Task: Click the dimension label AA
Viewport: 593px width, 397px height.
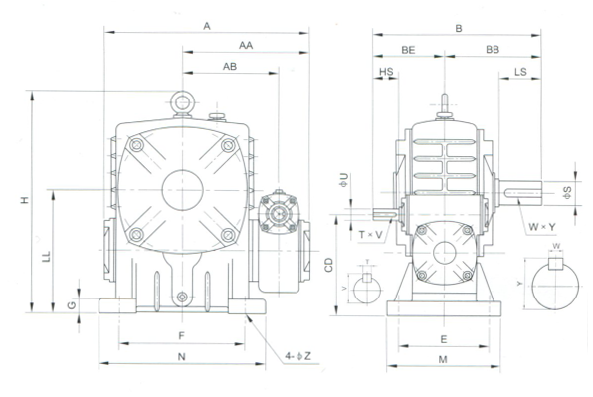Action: tap(246, 46)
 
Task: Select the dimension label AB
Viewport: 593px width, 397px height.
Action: tap(230, 67)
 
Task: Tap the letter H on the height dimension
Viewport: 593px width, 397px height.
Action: tap(25, 200)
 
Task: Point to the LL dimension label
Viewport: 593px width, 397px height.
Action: tap(46, 257)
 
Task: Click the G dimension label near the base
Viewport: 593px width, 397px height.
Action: tap(72, 304)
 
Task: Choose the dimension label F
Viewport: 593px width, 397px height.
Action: tap(181, 336)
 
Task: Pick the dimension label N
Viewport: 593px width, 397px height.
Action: tap(182, 356)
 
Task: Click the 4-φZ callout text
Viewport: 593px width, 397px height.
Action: tap(298, 356)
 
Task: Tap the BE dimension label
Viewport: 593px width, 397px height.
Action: tap(408, 50)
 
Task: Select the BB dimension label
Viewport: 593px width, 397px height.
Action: tap(493, 50)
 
